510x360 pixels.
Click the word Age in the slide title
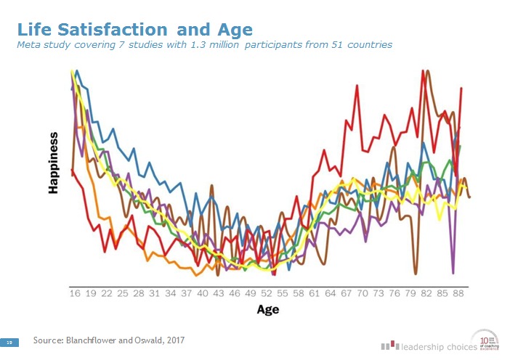pos(235,30)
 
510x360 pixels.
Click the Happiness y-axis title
pos(53,163)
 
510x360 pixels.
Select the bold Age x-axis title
pos(267,309)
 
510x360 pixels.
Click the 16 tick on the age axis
pos(74,293)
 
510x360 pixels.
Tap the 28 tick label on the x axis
pos(138,293)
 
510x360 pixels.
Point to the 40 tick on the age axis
pos(202,293)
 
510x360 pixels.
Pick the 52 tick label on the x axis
pos(266,293)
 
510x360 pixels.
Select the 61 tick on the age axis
pos(314,293)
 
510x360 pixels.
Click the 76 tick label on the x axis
pos(394,293)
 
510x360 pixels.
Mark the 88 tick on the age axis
pos(458,293)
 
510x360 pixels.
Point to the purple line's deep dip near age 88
pos(453,273)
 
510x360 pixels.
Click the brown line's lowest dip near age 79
pos(416,274)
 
